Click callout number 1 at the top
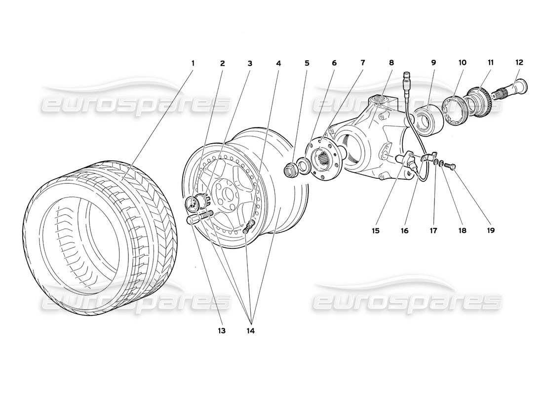pyautogui.click(x=193, y=63)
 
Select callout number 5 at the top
pyautogui.click(x=307, y=63)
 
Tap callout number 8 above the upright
pyautogui.click(x=391, y=63)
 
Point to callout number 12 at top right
pyautogui.click(x=519, y=63)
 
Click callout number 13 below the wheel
pyautogui.click(x=220, y=330)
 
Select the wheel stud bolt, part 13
pyautogui.click(x=200, y=217)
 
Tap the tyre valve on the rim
pyautogui.click(x=248, y=226)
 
